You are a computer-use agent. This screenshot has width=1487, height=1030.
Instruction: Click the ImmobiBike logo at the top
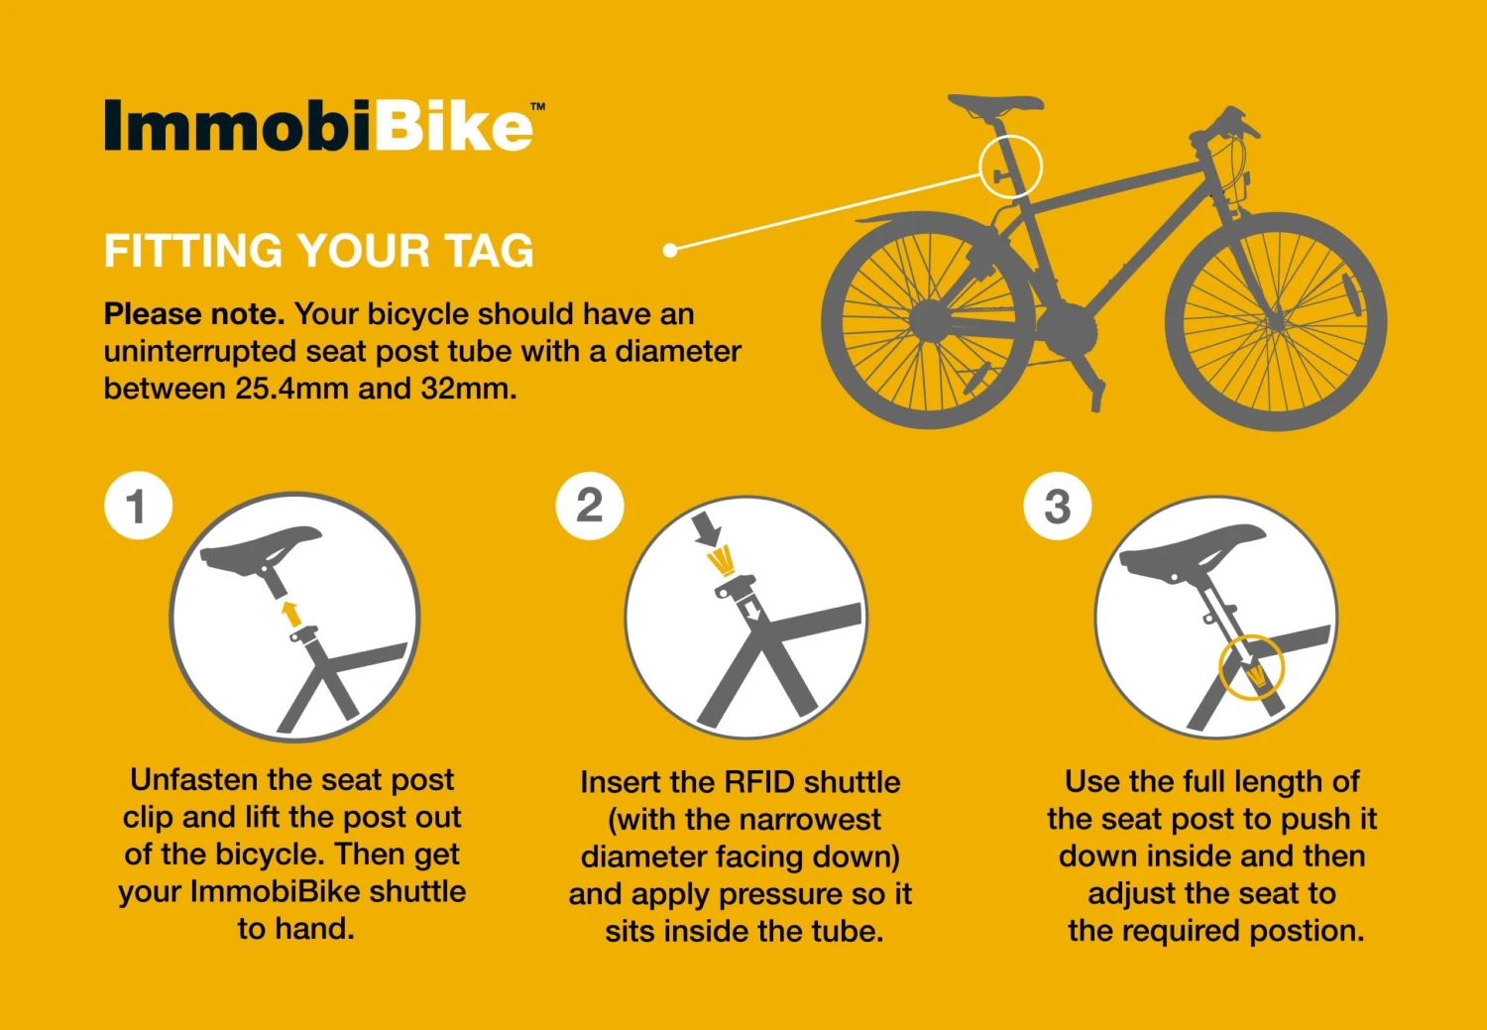pos(319,127)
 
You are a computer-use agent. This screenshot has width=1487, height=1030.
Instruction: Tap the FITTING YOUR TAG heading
pos(318,251)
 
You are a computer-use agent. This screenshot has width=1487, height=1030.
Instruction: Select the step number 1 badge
pos(138,506)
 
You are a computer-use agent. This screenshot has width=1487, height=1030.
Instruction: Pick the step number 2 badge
pos(590,506)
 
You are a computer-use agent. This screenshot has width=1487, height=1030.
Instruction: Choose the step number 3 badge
pos(1057,506)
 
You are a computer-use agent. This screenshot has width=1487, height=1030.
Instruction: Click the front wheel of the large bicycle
pos(1276,320)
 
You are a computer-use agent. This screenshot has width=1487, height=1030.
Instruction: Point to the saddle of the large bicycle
pos(995,104)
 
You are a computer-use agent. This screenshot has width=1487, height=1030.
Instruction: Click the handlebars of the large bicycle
pos(1229,125)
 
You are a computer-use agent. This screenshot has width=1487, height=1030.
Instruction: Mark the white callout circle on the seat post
pos(1010,167)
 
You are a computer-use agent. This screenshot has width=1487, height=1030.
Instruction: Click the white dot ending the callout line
pos(670,250)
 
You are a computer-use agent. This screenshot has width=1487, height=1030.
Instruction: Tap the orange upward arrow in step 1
pos(290,612)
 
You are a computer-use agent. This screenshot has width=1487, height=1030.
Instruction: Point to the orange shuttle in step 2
pos(721,561)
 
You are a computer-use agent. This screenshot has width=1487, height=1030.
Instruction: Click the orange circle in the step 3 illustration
pos(1251,667)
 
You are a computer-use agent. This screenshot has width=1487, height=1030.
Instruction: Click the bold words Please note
pos(193,314)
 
